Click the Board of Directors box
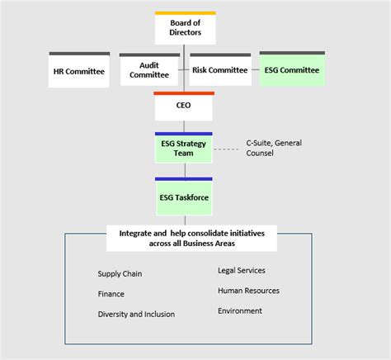click(x=185, y=30)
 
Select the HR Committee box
click(x=79, y=71)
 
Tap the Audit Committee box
click(x=149, y=71)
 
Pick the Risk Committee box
click(x=219, y=70)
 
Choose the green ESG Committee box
click(x=291, y=70)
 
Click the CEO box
click(x=184, y=107)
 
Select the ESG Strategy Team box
click(x=184, y=149)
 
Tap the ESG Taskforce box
click(x=184, y=198)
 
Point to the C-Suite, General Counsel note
click(x=273, y=148)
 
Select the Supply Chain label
click(x=120, y=273)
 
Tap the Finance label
click(x=111, y=293)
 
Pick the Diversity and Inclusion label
click(x=136, y=314)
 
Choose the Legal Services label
click(x=242, y=270)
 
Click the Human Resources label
click(x=248, y=291)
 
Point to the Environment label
click(x=240, y=310)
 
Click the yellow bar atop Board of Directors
click(x=185, y=13)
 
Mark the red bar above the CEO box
click(x=184, y=93)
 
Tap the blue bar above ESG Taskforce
click(x=184, y=178)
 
